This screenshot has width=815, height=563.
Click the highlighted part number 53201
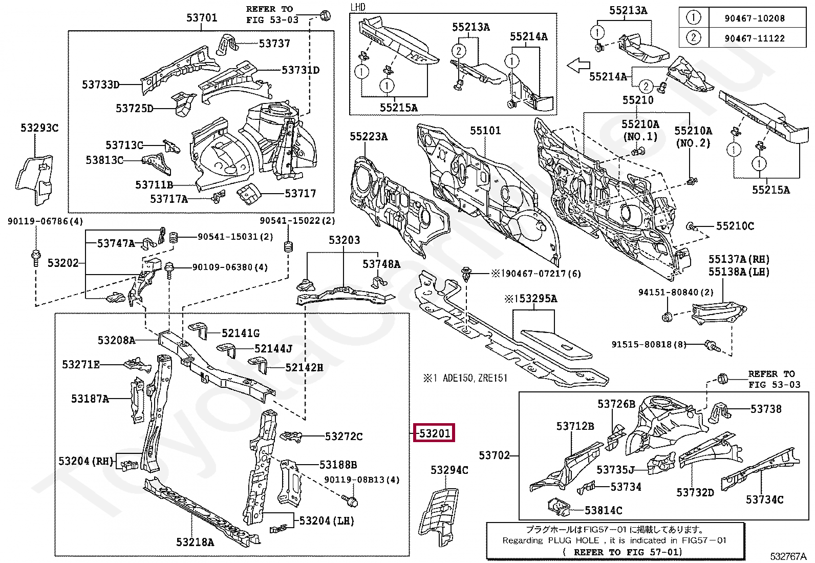tap(434, 433)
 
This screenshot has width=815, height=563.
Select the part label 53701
tap(202, 17)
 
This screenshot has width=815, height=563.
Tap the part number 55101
tap(485, 130)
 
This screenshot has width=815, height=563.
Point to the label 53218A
tap(195, 542)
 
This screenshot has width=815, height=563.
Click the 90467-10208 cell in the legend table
tap(755, 18)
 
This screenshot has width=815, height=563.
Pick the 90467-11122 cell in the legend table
tap(755, 38)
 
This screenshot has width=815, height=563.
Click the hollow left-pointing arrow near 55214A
tap(578, 66)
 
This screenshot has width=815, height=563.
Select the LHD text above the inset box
tap(358, 7)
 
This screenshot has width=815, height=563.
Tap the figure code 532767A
tap(788, 556)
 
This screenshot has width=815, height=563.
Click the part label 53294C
tap(449, 470)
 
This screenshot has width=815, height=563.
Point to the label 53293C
tap(39, 128)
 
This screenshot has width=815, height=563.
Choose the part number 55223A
tap(369, 137)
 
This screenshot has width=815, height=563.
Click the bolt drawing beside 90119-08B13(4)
tap(350, 501)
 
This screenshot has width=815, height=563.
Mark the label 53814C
tap(603, 511)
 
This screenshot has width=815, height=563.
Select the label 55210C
tap(735, 226)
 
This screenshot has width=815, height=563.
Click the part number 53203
tap(344, 240)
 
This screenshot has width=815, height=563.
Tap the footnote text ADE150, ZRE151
tap(475, 378)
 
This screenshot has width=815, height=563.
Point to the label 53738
tap(766, 409)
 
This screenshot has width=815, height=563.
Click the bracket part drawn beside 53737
tap(226, 45)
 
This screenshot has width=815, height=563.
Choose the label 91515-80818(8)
tap(649, 344)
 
